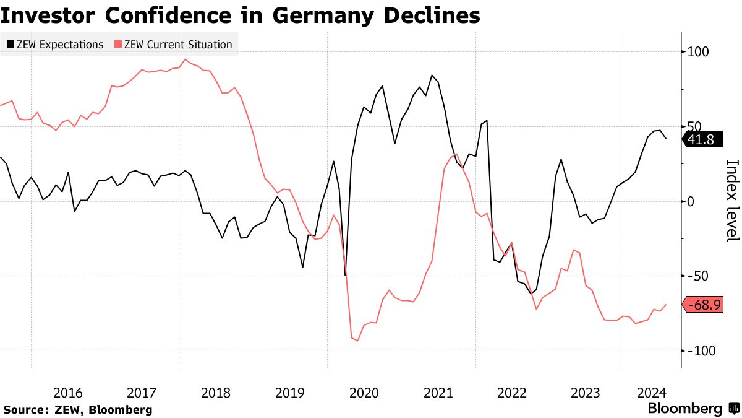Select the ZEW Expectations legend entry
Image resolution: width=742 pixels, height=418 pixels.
point(61,45)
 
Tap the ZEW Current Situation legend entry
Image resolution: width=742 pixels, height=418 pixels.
point(178,45)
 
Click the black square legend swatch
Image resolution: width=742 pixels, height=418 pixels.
point(11,45)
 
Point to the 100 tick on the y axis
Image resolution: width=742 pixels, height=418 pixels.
point(697,52)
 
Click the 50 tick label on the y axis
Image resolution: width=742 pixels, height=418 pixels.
point(694,127)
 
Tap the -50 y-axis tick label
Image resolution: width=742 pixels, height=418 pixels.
point(696,276)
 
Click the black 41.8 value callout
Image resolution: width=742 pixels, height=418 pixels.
point(701,140)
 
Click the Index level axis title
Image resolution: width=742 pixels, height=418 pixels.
point(732,201)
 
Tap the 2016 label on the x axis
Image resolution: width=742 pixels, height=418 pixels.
point(68,393)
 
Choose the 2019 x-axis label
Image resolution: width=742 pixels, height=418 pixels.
point(290,393)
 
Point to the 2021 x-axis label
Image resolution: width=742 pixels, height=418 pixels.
point(438,393)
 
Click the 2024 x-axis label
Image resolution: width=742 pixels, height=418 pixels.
point(651,393)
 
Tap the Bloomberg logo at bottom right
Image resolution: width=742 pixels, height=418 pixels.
point(692,409)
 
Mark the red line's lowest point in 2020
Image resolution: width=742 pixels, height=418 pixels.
point(357,341)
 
